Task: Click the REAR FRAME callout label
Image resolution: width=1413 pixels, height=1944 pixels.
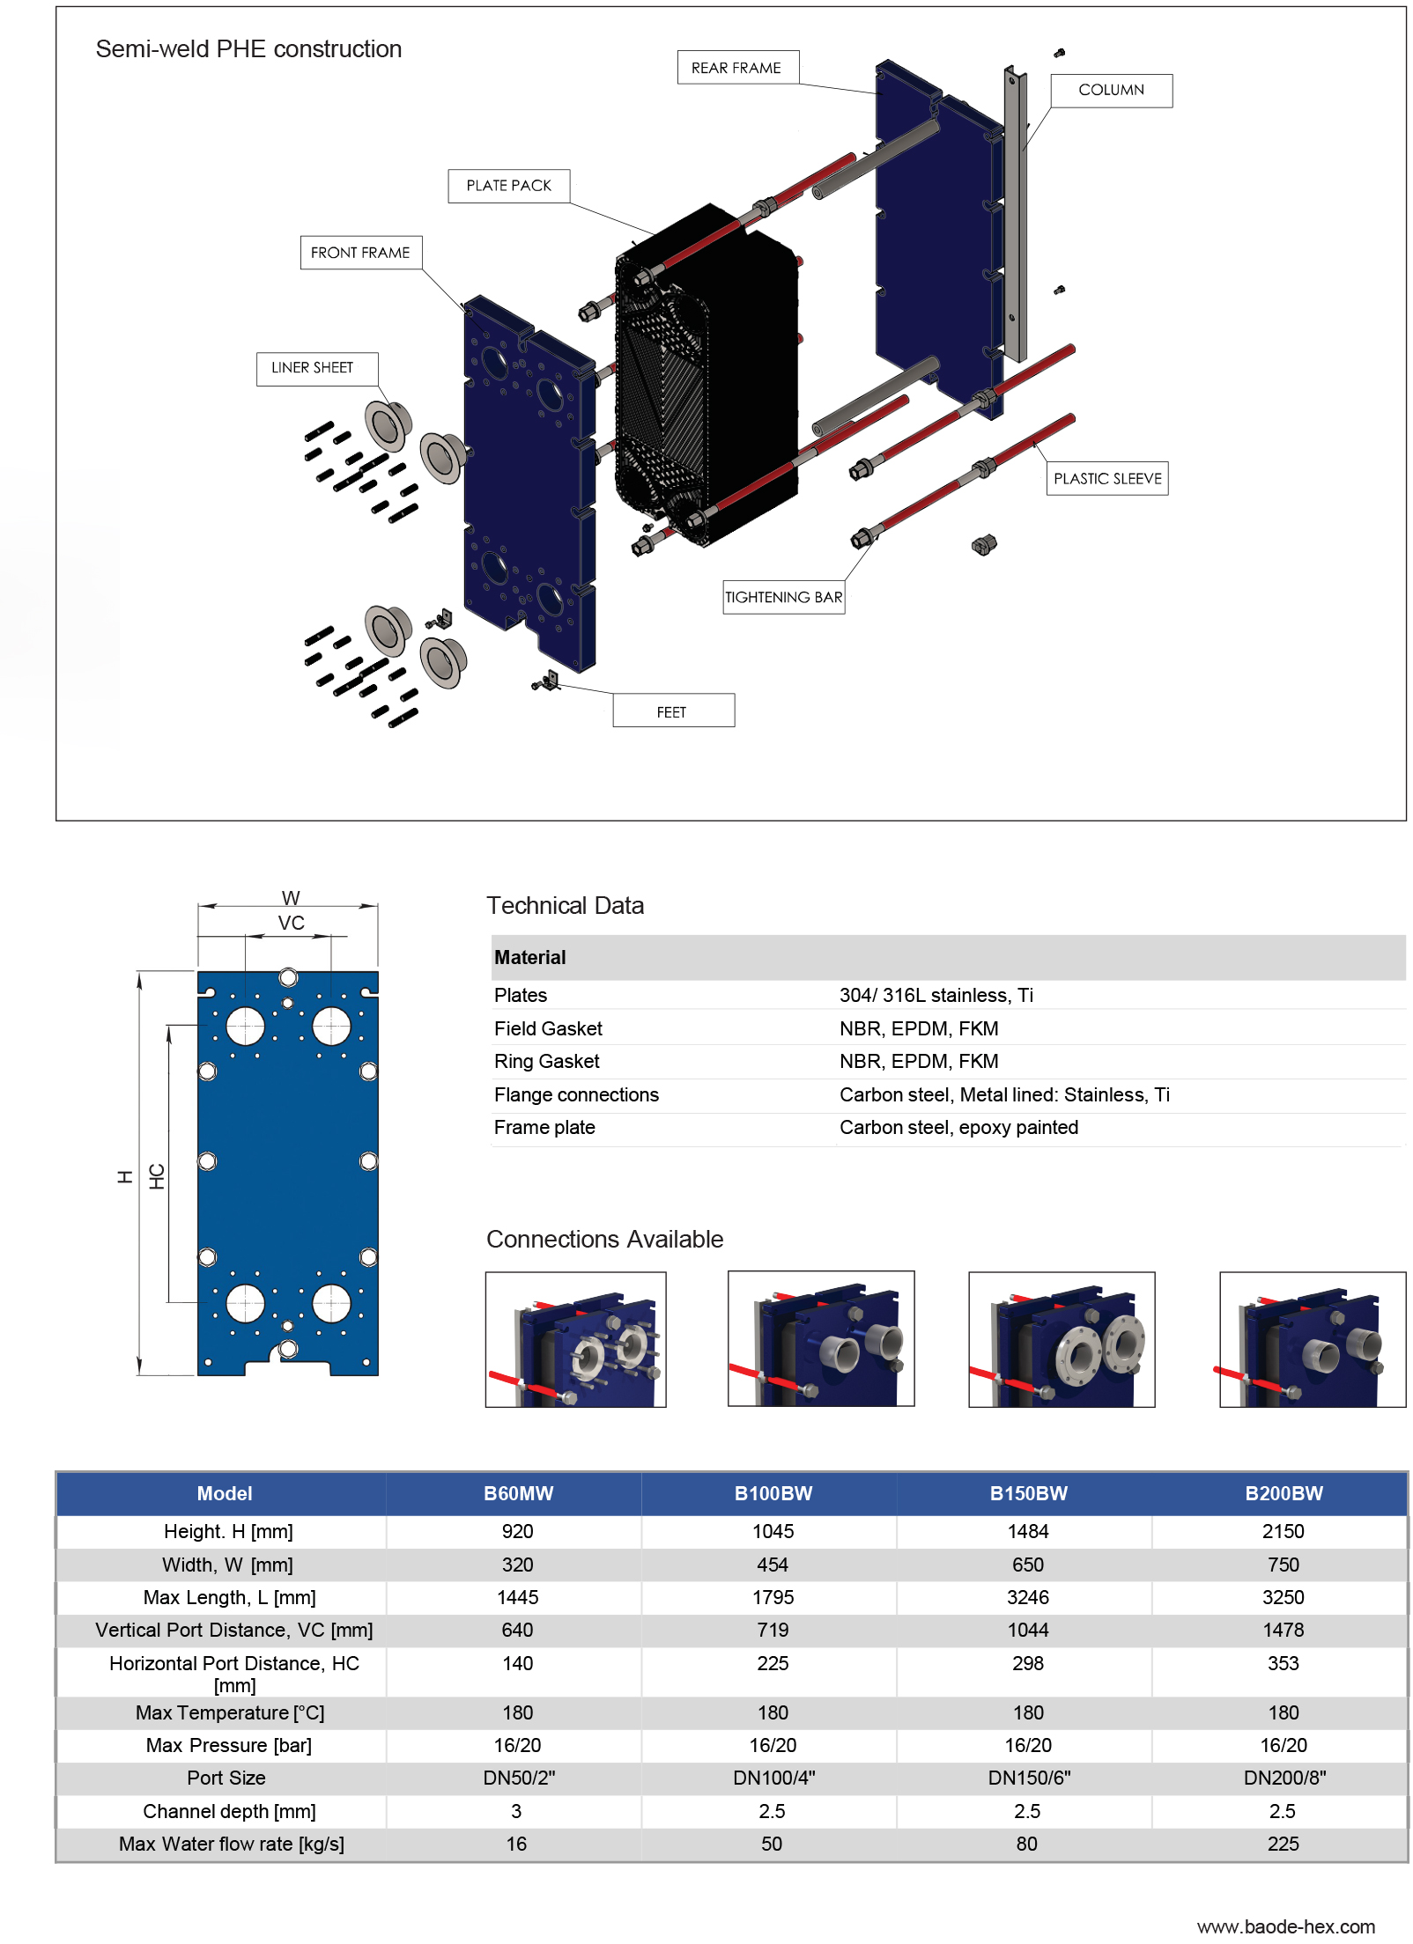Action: [x=736, y=68]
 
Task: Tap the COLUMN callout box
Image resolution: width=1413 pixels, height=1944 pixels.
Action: [x=1110, y=90]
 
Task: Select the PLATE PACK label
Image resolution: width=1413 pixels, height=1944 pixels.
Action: [x=508, y=186]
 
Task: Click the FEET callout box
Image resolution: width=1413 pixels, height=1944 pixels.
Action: [x=672, y=711]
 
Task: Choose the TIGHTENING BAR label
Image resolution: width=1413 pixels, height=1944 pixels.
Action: [x=782, y=597]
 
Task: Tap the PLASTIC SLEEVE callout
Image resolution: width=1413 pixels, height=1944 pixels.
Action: [x=1106, y=478]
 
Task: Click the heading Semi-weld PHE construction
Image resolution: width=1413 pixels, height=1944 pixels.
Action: [x=248, y=49]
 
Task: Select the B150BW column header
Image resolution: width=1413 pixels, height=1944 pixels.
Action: [x=1027, y=1493]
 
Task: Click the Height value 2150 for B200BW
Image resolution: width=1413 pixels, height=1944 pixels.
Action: [x=1282, y=1531]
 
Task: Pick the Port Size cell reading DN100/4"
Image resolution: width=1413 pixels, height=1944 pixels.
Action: [x=773, y=1778]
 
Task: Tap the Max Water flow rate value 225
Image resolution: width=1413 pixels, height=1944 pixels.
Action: [x=1282, y=1844]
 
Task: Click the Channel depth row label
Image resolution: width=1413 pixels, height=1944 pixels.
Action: [x=229, y=1811]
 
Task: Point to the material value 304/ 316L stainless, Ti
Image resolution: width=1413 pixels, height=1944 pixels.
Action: [x=935, y=995]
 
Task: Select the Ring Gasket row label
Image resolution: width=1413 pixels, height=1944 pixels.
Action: [x=546, y=1061]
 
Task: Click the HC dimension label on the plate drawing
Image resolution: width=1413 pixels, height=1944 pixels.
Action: [x=157, y=1176]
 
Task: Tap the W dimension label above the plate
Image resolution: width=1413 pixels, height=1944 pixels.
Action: [x=291, y=897]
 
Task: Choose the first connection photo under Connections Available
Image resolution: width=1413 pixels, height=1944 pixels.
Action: [x=575, y=1339]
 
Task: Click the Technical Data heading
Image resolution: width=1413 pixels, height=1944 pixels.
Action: [x=565, y=905]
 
